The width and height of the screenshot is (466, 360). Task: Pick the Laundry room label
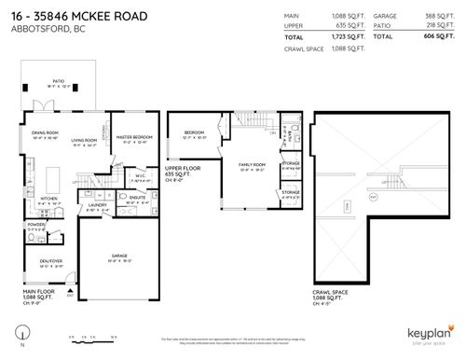(95, 204)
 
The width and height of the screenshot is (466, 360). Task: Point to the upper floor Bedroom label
(194, 132)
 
